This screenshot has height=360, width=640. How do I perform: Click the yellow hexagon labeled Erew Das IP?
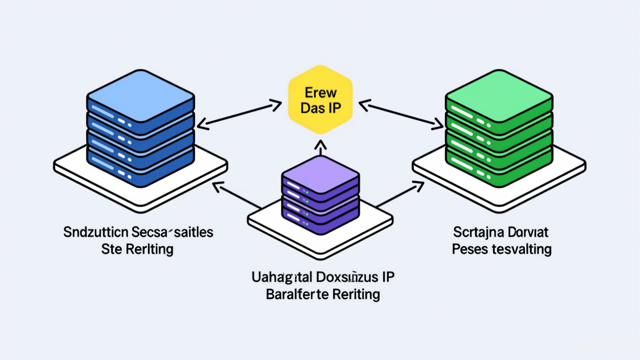[320, 100]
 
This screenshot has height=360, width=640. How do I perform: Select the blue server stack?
[140, 129]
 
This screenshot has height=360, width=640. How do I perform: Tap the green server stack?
[499, 129]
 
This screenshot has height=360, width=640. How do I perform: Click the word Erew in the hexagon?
[320, 92]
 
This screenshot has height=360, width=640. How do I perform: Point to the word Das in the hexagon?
[312, 108]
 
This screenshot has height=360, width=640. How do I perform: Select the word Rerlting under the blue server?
[149, 249]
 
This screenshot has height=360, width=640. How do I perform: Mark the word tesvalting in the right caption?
[523, 249]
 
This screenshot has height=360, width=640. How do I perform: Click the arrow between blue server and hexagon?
[239, 116]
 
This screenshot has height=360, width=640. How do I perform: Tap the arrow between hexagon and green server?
[401, 116]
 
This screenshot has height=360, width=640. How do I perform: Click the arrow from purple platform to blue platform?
[237, 196]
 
